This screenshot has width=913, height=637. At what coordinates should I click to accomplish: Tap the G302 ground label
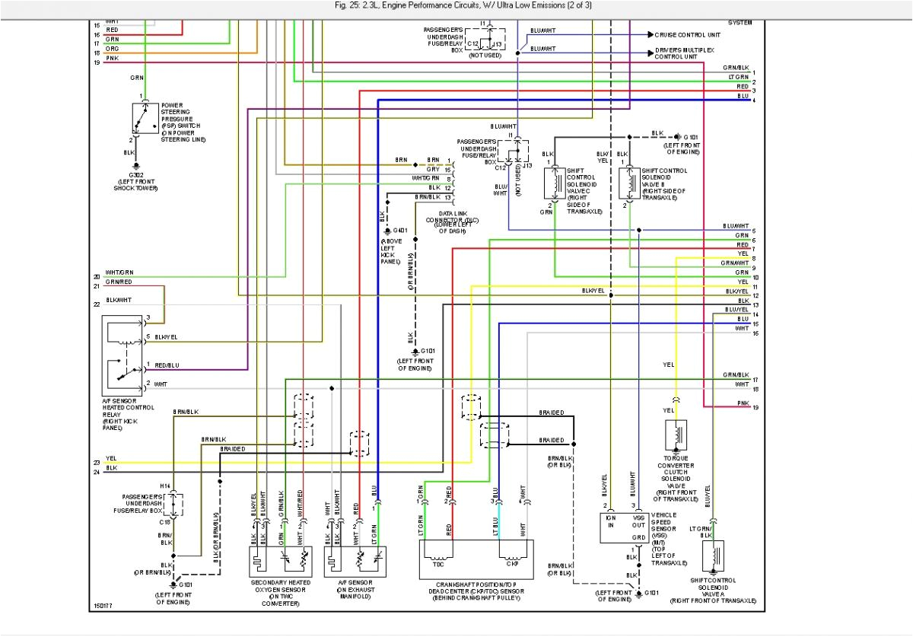coord(136,175)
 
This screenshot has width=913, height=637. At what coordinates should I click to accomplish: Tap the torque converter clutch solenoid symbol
coord(676,437)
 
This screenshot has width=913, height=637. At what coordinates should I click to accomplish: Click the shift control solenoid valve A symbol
coord(713,556)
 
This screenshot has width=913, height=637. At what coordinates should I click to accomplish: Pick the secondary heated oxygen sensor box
coord(281,562)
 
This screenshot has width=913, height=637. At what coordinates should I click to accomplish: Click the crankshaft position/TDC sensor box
coord(476,561)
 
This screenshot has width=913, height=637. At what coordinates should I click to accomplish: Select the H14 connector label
coord(165,486)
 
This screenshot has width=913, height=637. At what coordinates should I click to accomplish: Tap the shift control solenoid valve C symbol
coord(554,185)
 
